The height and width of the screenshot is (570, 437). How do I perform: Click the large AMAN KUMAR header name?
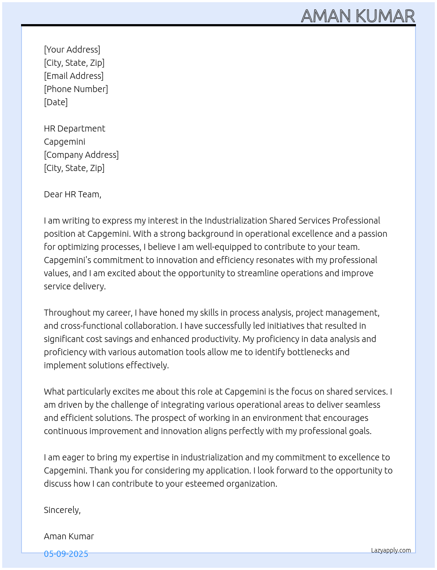358,16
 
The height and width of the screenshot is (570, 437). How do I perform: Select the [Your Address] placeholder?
72,50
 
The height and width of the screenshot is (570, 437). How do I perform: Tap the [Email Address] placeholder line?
74,76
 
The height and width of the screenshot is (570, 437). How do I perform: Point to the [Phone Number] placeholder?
76,89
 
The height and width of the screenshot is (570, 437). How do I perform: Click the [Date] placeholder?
56,102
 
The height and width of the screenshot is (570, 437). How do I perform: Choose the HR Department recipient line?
75,128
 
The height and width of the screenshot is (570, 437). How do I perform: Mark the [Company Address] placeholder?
81,155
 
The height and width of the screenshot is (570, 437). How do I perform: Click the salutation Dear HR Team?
72,194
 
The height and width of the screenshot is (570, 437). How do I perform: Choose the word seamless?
363,405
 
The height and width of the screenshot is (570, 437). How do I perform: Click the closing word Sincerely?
62,510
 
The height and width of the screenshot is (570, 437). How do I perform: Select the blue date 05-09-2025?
66,554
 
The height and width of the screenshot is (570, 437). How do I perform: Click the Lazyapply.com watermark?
391,550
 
